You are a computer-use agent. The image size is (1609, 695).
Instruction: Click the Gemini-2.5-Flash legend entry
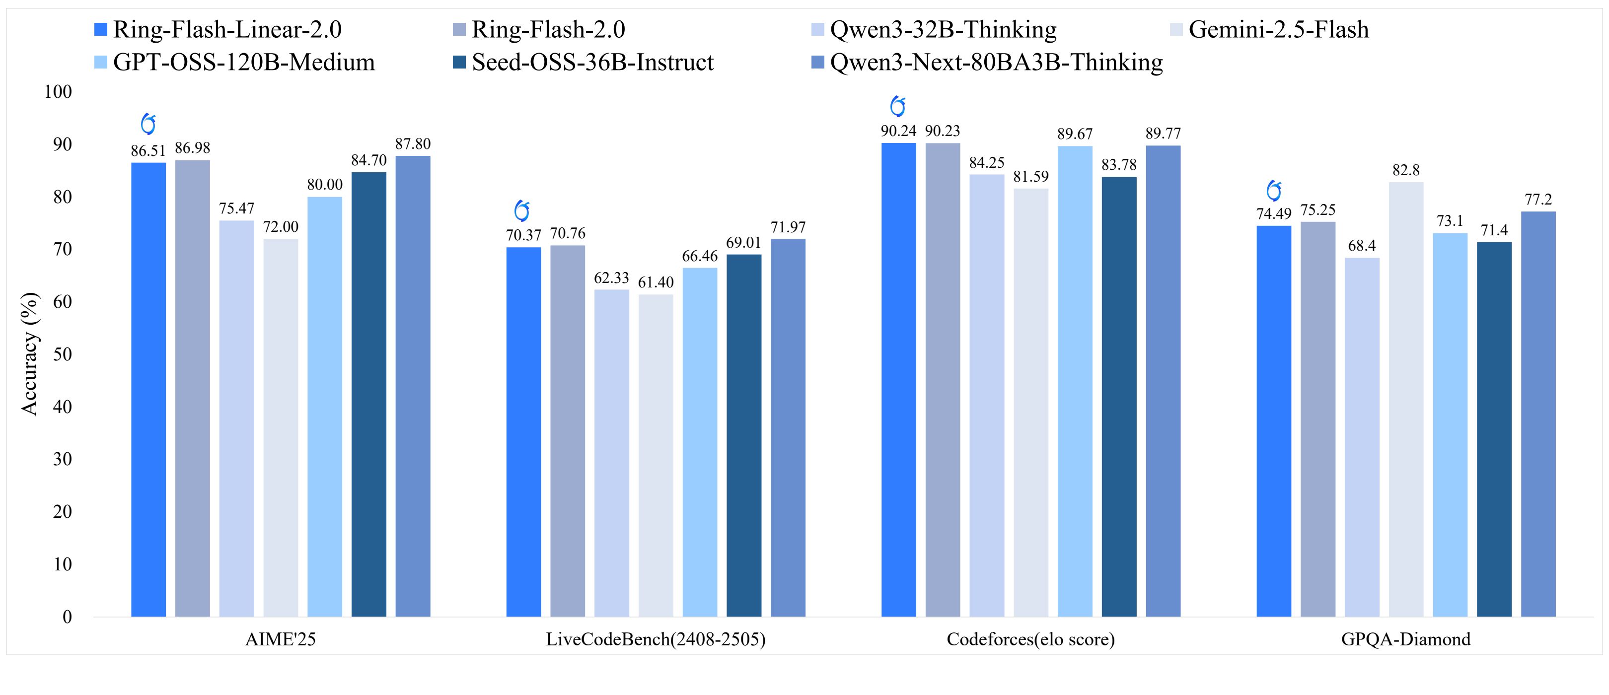click(x=1278, y=30)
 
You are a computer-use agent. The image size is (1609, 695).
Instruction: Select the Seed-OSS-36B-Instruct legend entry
click(x=592, y=63)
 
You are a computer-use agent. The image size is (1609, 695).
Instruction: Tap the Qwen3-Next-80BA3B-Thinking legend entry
click(x=996, y=63)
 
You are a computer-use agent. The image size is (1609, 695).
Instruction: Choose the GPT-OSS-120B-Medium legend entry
click(x=244, y=63)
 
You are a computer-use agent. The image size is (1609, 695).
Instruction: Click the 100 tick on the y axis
click(x=58, y=92)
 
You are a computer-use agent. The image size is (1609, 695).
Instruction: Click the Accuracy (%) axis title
click(x=29, y=354)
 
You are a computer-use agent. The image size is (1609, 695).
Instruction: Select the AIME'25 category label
click(x=281, y=639)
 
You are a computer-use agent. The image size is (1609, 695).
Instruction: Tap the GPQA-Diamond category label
click(x=1405, y=639)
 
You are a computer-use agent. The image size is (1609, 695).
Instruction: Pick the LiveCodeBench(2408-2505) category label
click(x=655, y=639)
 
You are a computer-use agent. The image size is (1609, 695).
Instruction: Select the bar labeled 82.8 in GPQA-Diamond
click(x=1406, y=400)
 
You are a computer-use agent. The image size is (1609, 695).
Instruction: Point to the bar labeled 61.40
click(x=656, y=455)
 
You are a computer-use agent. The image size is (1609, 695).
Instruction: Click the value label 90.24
click(x=898, y=131)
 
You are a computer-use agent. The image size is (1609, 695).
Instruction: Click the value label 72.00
click(x=281, y=227)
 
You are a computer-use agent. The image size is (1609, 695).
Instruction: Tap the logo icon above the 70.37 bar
click(x=521, y=211)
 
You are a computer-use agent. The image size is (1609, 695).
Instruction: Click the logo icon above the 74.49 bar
click(x=1274, y=191)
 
